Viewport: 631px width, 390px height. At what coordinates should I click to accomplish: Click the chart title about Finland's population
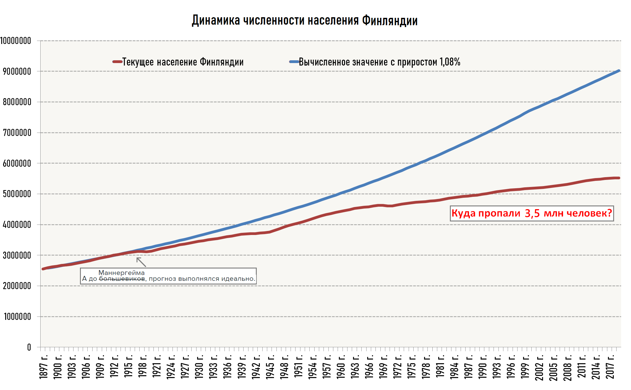coord(304,21)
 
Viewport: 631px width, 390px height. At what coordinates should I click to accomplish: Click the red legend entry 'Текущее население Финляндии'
coord(183,62)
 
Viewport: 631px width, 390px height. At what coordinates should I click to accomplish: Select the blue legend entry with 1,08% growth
coord(379,62)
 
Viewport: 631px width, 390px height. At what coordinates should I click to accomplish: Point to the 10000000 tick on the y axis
coord(16,41)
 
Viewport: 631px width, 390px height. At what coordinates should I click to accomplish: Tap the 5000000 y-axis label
coord(17,194)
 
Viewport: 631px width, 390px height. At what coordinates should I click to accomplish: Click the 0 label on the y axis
coord(29,347)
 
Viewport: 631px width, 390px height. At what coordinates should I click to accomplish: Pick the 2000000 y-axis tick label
coord(17,286)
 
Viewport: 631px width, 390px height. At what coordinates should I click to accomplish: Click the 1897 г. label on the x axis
coord(44,367)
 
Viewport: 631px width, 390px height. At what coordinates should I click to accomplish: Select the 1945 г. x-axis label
coord(270,367)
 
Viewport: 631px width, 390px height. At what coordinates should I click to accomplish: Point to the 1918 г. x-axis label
coord(143,367)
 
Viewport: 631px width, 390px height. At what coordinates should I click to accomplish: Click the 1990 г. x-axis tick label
coord(482,367)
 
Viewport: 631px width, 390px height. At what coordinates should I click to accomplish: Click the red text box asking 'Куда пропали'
coord(532,213)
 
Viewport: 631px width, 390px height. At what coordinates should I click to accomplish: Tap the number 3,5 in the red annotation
coord(532,213)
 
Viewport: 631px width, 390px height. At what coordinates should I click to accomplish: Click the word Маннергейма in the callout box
coord(121,273)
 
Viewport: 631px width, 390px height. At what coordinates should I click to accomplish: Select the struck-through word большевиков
coord(122,279)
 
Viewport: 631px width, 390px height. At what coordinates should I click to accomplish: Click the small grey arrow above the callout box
coord(141,262)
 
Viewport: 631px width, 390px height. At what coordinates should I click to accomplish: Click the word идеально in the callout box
coord(237,279)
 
